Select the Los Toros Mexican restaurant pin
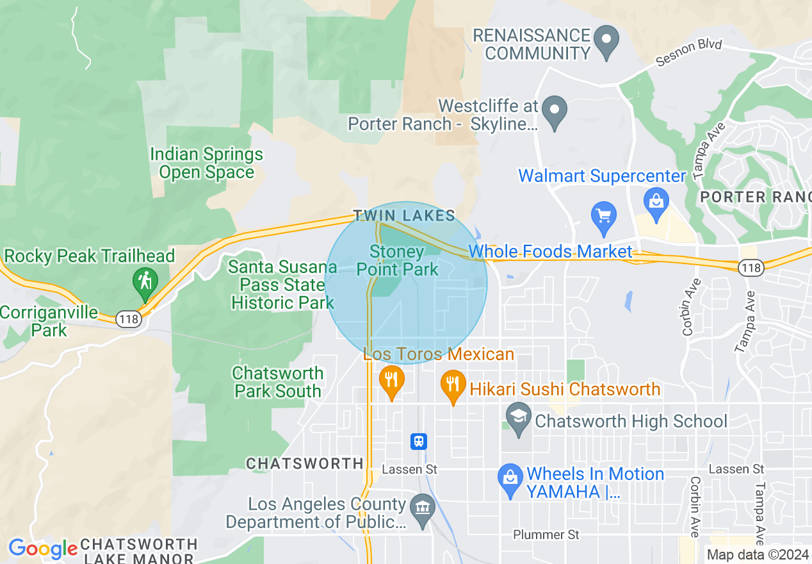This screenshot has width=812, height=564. [x=391, y=381]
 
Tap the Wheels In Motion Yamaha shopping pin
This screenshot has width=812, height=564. [x=510, y=479]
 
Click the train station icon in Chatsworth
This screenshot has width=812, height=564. [x=419, y=441]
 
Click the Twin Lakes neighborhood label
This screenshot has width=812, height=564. [x=404, y=216]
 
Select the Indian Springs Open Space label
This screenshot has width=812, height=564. [x=206, y=163]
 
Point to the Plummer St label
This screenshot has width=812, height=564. [x=546, y=534]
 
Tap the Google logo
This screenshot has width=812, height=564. [x=42, y=549]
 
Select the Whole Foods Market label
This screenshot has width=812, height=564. [x=551, y=251]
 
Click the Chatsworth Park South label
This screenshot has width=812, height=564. [x=278, y=382]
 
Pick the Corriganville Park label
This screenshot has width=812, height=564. [x=49, y=322]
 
